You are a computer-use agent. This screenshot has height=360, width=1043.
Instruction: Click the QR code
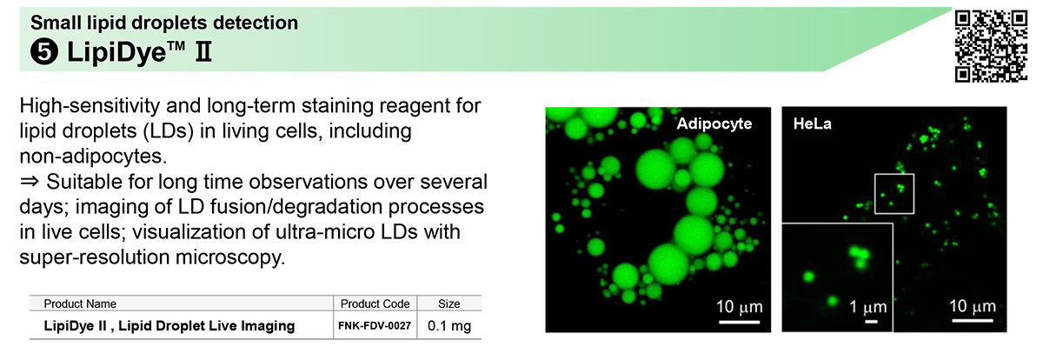pos(991,46)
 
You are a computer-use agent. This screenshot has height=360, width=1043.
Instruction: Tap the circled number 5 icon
pos(44,51)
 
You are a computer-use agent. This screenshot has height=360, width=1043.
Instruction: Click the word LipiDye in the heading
pos(116,51)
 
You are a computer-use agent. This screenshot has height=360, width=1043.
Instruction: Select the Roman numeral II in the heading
pos(203,51)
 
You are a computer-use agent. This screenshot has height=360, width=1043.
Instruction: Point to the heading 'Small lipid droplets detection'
pos(164,23)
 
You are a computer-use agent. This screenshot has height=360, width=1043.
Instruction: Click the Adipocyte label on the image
pos(714,123)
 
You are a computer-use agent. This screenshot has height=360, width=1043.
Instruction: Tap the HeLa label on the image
pos(813,123)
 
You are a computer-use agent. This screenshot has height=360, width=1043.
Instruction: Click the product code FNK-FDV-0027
pos(375,325)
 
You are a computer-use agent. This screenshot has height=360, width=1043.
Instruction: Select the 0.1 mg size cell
pos(449,325)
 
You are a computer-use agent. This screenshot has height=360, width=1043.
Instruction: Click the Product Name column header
pos(80,303)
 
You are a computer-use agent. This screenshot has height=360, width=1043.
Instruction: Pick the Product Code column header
pos(375,303)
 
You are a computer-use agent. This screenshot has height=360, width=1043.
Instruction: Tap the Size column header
pos(448,303)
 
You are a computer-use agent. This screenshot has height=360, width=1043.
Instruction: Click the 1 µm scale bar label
pos(868,307)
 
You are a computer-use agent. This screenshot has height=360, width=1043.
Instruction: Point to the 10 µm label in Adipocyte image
pos(740,307)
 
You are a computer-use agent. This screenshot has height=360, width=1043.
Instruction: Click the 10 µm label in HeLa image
pos(973,306)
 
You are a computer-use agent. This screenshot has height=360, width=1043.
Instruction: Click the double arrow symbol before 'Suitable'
pos(30,181)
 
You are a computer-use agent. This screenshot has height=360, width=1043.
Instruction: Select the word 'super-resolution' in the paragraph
pos(91,257)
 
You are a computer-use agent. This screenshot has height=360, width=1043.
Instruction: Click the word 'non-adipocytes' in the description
pos(91,156)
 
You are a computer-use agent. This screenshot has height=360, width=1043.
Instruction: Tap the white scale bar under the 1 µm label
pos(871,321)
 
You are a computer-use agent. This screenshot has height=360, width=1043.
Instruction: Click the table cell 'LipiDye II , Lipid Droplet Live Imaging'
pos(169,325)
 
